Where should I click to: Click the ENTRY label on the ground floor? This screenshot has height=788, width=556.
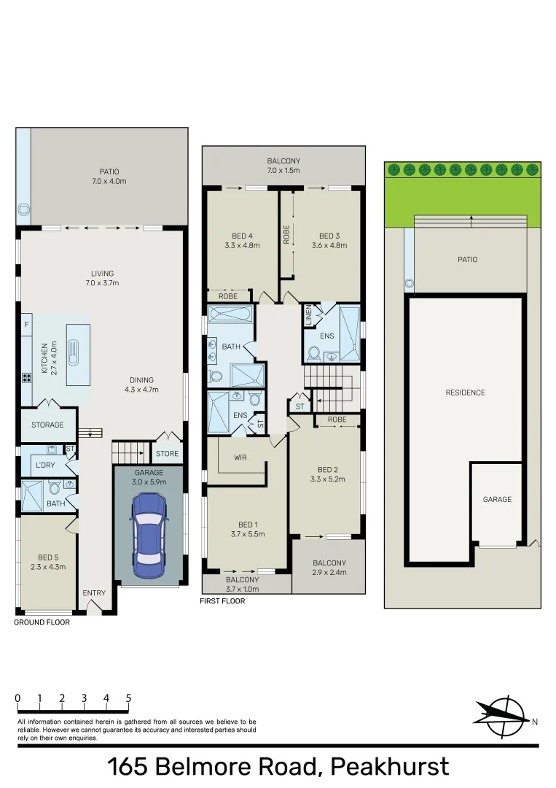click(x=94, y=592)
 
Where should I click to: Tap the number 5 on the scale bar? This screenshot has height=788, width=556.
click(x=128, y=698)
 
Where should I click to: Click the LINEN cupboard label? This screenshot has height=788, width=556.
click(x=308, y=314)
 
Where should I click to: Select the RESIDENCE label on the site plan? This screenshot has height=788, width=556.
click(x=465, y=393)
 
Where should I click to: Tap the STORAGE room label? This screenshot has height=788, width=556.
click(x=47, y=425)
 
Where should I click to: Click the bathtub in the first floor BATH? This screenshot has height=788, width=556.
click(x=230, y=315)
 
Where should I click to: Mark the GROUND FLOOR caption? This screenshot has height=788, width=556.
click(x=42, y=622)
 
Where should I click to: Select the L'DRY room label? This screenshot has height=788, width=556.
click(x=47, y=465)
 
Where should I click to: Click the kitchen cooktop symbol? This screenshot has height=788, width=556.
click(x=27, y=378)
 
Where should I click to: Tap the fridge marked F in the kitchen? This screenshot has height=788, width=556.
click(x=27, y=324)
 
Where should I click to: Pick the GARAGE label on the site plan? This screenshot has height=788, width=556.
click(x=497, y=499)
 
